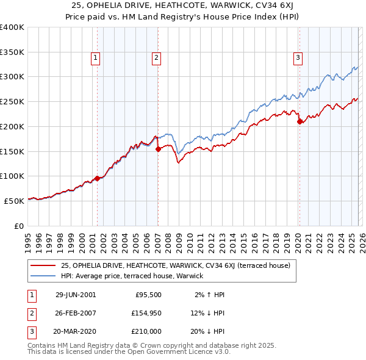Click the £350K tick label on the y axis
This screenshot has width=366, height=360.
12,52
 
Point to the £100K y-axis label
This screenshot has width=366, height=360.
12,176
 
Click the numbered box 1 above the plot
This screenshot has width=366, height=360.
96,58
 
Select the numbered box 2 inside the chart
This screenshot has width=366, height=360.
157,58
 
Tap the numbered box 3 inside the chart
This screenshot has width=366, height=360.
298,58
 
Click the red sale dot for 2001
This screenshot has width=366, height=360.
98,179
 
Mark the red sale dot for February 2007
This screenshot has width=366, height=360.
158,148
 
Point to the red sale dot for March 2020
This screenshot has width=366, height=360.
299,121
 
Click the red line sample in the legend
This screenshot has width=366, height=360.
44,265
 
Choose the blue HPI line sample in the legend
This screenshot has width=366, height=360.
44,276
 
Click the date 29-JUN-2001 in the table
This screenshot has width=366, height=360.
76,295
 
